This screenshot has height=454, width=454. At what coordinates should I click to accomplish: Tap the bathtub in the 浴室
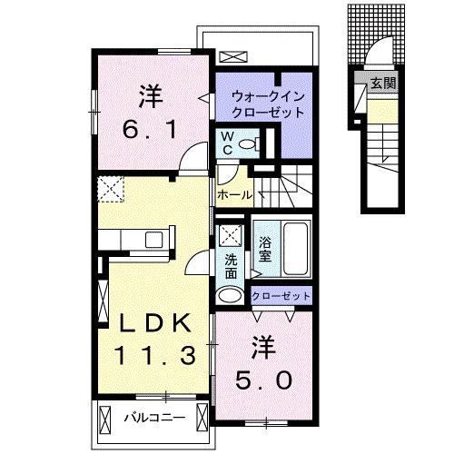296,249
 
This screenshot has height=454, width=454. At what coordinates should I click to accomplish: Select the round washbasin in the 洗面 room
230,295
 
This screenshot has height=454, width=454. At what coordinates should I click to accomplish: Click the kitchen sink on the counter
154,240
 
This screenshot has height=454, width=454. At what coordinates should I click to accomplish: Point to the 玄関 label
383,83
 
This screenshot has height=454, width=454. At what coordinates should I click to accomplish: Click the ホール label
234,194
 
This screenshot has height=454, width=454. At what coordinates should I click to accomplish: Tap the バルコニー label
154,418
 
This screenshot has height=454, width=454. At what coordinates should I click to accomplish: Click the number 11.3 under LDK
154,355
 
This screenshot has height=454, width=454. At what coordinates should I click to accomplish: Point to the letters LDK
155,323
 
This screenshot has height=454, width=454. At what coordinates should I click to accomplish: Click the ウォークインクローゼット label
268,105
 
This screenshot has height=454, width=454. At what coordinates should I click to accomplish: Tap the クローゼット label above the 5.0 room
281,296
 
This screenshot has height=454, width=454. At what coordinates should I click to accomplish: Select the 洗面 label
231,266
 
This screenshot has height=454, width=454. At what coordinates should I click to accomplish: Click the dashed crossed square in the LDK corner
111,189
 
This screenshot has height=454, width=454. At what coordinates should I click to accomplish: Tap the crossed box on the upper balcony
233,56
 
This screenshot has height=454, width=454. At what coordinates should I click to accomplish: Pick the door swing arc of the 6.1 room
192,156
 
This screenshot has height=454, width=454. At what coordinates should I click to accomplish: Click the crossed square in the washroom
230,234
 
